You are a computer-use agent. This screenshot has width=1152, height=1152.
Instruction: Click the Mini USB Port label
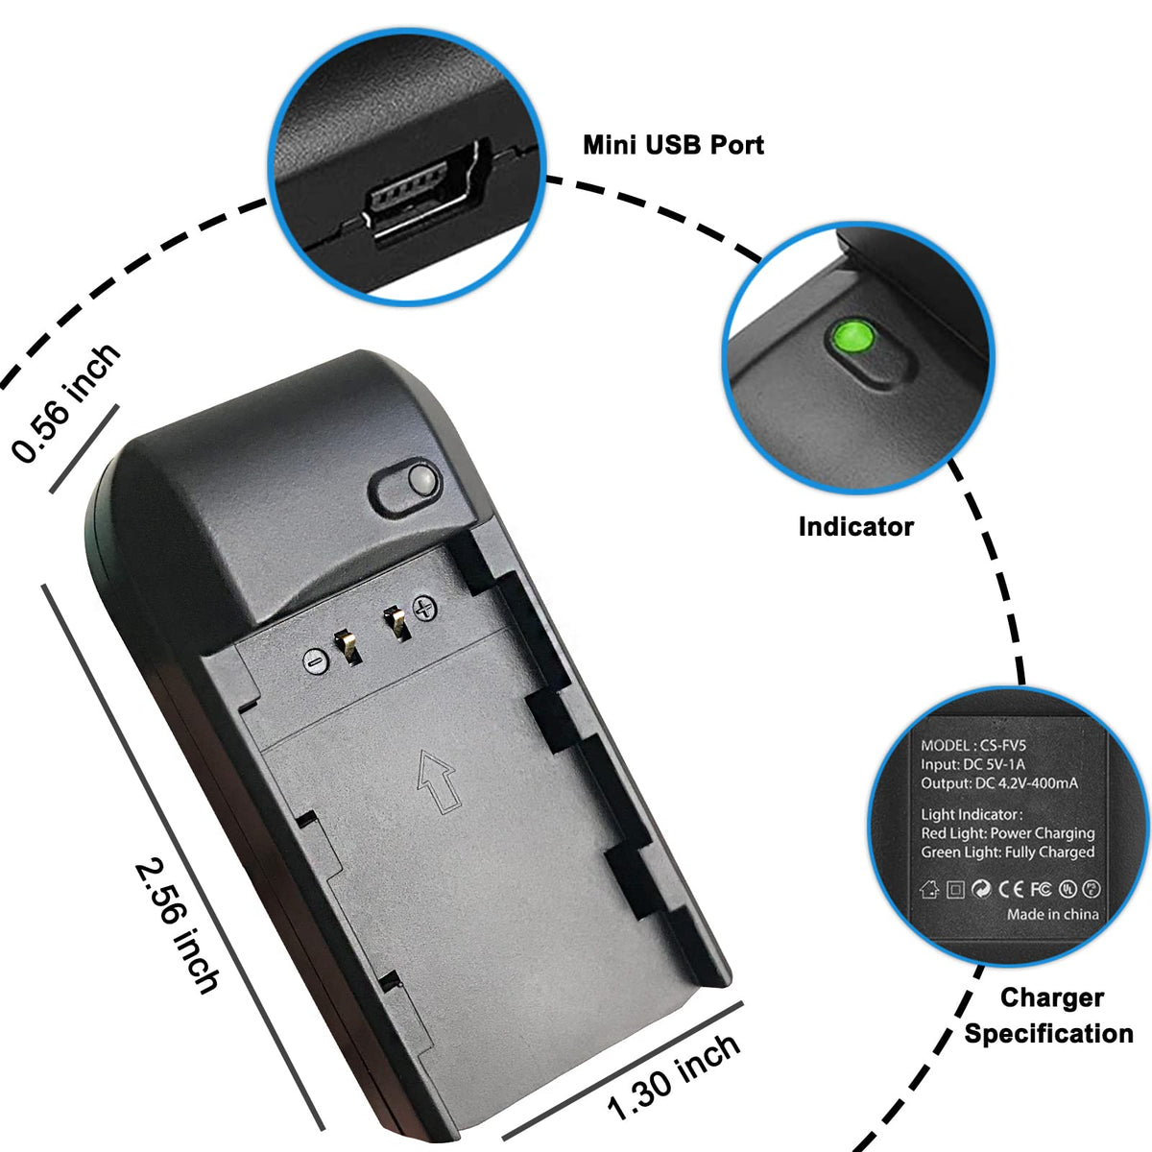point(673,145)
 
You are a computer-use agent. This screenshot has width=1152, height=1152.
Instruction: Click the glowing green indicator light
point(853,337)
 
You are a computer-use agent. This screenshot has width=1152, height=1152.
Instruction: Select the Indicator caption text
point(855,526)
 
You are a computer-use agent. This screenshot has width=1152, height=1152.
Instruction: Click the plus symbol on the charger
point(424,607)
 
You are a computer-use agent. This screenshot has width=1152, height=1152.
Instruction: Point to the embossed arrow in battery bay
point(435,780)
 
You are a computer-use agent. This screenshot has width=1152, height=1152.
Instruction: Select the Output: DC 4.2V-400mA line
point(999,783)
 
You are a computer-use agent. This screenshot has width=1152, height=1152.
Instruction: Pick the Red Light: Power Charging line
point(1008,833)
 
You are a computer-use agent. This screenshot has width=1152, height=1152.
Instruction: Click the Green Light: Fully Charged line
point(1008,852)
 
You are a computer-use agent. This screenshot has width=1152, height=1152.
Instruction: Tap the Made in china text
point(1052,914)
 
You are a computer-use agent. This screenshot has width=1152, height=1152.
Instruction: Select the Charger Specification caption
point(1049,1016)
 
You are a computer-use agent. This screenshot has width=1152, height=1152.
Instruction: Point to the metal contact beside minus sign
point(347,648)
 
